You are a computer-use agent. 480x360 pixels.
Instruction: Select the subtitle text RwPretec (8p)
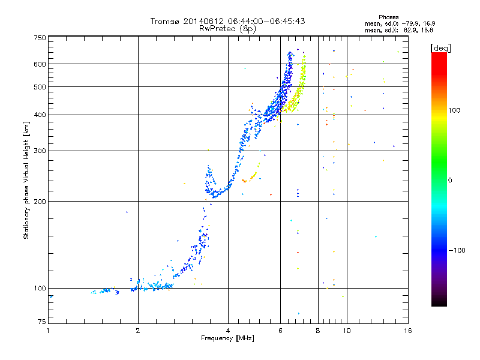click(227, 29)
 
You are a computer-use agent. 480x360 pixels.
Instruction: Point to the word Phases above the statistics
click(388, 17)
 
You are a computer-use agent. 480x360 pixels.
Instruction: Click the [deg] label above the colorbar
click(440, 48)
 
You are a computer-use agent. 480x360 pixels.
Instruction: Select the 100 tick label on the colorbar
click(454, 110)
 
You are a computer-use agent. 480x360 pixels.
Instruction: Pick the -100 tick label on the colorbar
click(457, 250)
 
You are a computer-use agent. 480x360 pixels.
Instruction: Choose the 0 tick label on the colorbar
click(450, 181)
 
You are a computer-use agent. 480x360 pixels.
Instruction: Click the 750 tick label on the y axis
click(40, 38)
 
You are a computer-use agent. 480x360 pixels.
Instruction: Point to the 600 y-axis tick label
click(40, 64)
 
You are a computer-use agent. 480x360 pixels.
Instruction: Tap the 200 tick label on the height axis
click(40, 202)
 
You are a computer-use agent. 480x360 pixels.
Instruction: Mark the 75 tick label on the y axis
click(42, 322)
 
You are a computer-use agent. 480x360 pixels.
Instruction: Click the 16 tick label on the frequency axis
click(408, 331)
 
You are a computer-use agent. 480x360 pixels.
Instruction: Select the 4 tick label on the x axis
click(228, 331)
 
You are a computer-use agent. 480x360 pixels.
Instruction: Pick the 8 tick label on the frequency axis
click(318, 331)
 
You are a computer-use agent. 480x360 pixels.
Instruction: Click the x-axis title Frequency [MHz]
click(228, 338)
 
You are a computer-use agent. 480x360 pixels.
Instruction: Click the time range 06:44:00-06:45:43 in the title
click(266, 21)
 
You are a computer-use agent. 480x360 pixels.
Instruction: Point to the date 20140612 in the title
click(203, 21)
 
